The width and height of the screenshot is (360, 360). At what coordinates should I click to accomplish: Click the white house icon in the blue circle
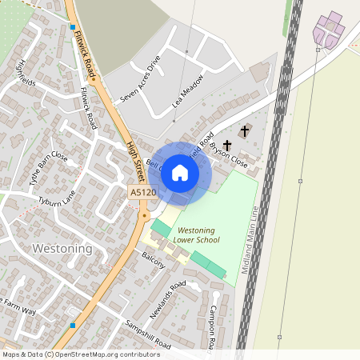(180, 172)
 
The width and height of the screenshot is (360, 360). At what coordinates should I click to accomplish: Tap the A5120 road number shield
(142, 193)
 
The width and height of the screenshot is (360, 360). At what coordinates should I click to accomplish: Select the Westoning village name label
(62, 249)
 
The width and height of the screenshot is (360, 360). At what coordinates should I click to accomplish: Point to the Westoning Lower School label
(196, 235)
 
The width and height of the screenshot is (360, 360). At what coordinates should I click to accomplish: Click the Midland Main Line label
(246, 240)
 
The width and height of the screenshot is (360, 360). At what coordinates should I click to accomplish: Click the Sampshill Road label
(147, 335)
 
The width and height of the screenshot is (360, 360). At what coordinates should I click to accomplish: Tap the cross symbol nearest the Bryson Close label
(227, 146)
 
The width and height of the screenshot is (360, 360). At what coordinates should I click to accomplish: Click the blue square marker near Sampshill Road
(73, 326)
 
